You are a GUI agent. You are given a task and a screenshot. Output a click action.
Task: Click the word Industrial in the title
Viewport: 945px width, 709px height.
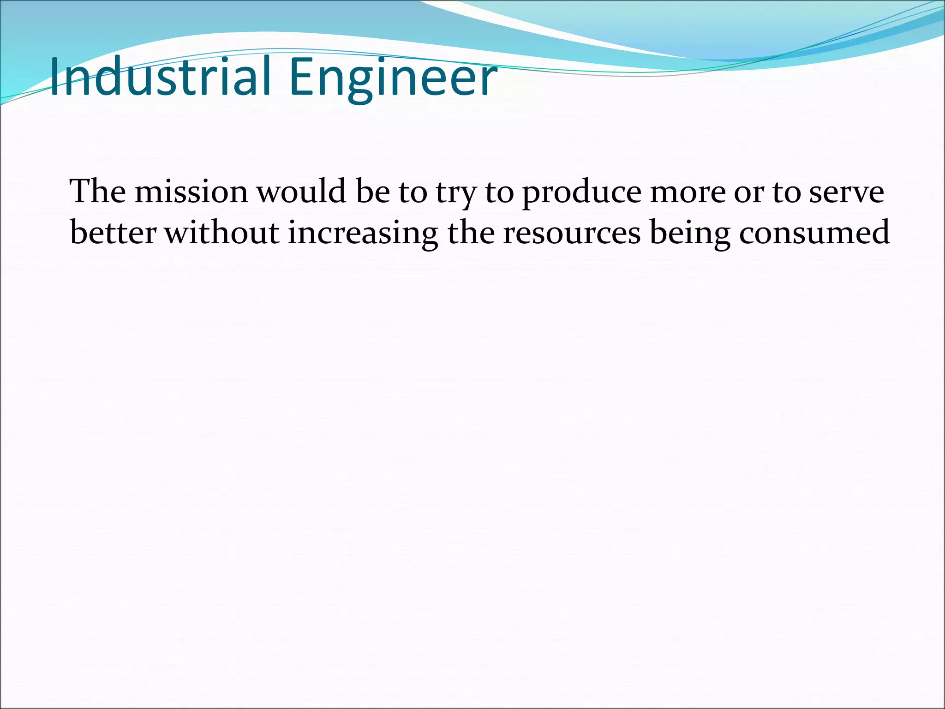tap(159, 77)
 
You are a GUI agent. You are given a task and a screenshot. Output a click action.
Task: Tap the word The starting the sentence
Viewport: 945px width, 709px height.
tap(97, 191)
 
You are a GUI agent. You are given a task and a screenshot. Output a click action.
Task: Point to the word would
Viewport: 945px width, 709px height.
tap(301, 191)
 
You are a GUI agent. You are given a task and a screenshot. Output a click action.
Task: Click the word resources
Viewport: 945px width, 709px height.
tap(572, 234)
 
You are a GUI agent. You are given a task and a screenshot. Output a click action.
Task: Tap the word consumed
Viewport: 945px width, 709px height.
tap(814, 233)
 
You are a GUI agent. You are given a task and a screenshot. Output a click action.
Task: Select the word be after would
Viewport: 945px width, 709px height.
tap(373, 191)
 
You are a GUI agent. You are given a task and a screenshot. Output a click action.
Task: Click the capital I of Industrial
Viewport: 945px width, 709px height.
tap(55, 77)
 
